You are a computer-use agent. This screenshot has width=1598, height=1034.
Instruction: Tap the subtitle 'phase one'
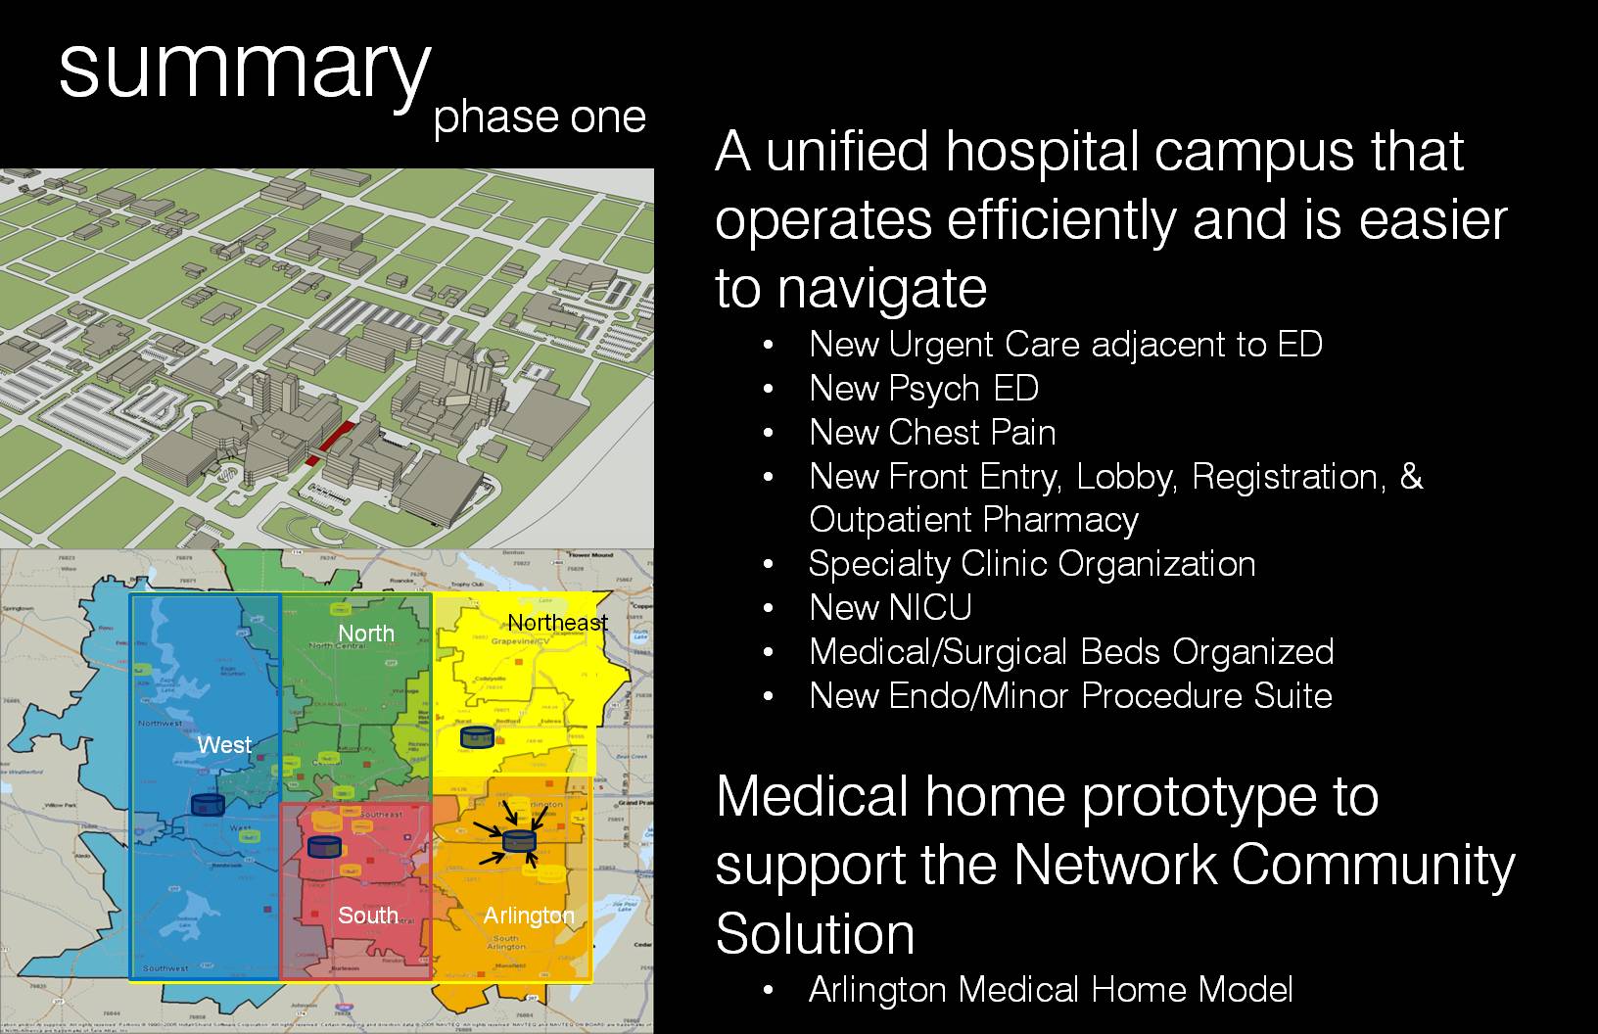pyautogui.click(x=540, y=117)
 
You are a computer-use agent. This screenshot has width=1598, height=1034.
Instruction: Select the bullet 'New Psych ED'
pyautogui.click(x=923, y=389)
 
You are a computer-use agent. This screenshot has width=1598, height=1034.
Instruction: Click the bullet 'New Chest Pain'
pyautogui.click(x=932, y=433)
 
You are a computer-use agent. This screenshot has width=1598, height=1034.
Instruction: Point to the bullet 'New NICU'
pyautogui.click(x=890, y=608)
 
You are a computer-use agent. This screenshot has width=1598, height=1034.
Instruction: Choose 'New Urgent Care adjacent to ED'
pyautogui.click(x=1065, y=345)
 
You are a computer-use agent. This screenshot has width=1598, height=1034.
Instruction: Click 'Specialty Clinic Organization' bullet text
pyautogui.click(x=1032, y=564)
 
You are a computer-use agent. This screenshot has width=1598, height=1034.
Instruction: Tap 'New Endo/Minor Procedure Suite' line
pyautogui.click(x=1070, y=696)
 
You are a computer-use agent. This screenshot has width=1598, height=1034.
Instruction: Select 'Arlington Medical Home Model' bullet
pyautogui.click(x=1051, y=990)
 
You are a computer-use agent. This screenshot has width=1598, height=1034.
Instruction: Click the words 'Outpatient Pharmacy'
pyautogui.click(x=973, y=520)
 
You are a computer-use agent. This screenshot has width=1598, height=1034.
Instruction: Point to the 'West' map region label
pyautogui.click(x=224, y=745)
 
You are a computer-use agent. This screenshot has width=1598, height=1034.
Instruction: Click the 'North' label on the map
pyautogui.click(x=366, y=634)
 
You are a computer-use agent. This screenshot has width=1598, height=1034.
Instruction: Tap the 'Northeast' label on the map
pyautogui.click(x=557, y=623)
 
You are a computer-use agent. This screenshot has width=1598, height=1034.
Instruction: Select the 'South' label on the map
pyautogui.click(x=368, y=916)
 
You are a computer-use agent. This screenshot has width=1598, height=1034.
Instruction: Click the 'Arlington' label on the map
pyautogui.click(x=529, y=916)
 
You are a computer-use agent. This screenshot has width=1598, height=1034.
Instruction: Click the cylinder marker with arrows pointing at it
pyautogui.click(x=519, y=840)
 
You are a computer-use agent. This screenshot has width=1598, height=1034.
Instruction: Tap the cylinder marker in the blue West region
pyautogui.click(x=208, y=804)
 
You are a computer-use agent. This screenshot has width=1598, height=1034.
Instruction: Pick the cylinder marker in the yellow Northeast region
pyautogui.click(x=477, y=737)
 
